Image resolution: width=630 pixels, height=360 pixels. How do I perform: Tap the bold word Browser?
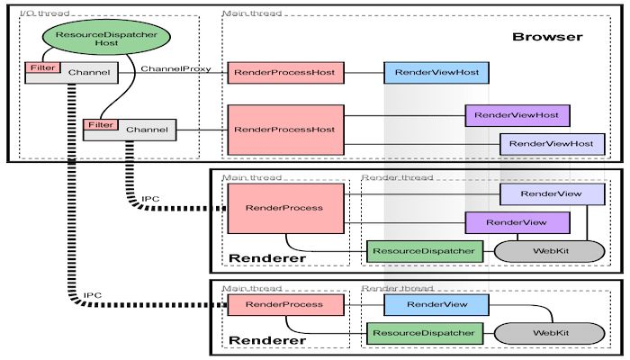coord(547,37)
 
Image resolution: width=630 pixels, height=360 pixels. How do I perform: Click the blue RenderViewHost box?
coord(436,72)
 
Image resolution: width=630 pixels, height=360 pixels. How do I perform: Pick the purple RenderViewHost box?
coord(517,116)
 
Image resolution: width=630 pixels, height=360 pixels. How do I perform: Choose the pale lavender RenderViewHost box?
coord(552,143)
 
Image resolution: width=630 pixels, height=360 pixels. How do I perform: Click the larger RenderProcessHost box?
coord(284,130)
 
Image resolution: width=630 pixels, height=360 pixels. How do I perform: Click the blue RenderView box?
coord(436,305)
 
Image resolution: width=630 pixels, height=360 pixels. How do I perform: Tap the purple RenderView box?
coord(517,221)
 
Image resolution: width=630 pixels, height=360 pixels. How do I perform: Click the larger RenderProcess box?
coord(284,208)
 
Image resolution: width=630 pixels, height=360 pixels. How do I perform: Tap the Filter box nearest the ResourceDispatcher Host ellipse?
coord(40,67)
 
